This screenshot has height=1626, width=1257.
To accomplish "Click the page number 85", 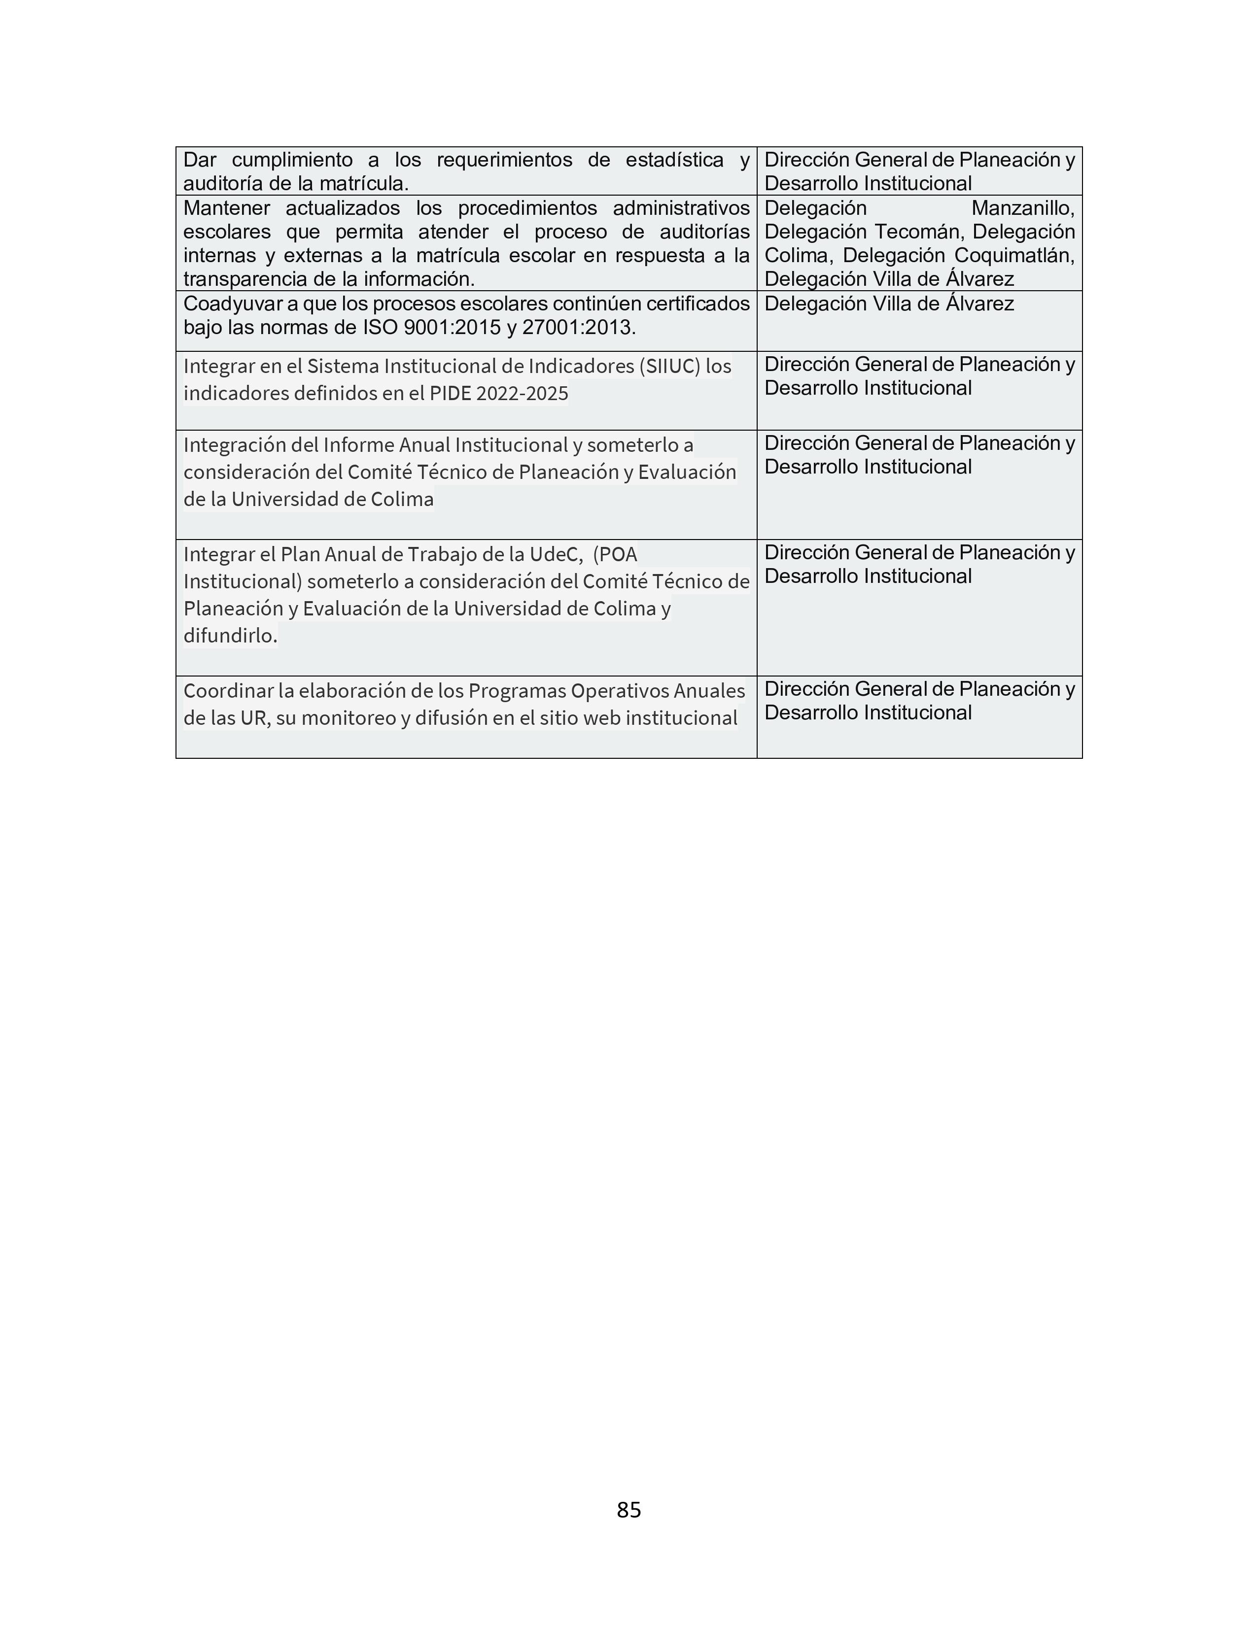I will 628,1509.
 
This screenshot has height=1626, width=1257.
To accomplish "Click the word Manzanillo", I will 1022,208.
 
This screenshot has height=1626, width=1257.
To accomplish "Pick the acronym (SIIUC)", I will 669,366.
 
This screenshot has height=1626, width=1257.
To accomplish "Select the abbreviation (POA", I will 615,555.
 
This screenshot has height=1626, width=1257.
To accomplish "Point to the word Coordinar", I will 228,691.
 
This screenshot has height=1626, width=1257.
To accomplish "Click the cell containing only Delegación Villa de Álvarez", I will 919,321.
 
